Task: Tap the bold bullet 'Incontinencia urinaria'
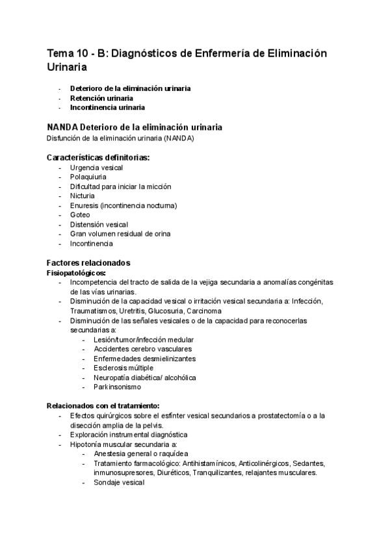(107, 107)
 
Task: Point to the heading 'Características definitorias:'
(98, 158)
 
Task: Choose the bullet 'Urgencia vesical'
(96, 168)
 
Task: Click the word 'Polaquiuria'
(88, 177)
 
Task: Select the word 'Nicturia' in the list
(83, 196)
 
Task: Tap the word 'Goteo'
(80, 214)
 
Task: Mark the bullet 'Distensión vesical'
(99, 224)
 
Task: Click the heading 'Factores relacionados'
(88, 263)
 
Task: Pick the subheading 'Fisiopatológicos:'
(76, 273)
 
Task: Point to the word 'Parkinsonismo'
(117, 387)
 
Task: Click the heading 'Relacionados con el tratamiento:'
(103, 405)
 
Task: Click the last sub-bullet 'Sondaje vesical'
(118, 483)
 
